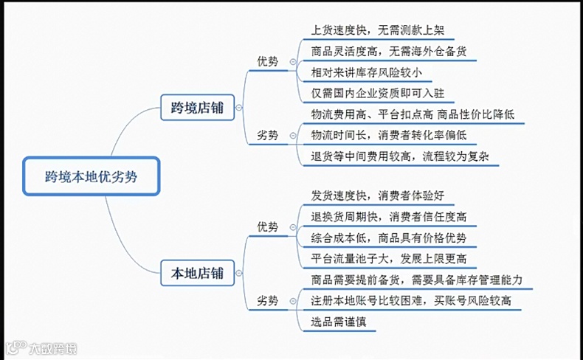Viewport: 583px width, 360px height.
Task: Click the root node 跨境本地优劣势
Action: (x=91, y=176)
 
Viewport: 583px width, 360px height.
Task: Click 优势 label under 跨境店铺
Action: (x=268, y=62)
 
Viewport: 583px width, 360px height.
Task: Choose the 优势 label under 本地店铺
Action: (x=268, y=226)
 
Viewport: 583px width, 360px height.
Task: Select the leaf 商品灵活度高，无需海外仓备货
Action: (x=388, y=52)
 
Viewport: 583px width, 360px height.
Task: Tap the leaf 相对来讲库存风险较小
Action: (x=367, y=73)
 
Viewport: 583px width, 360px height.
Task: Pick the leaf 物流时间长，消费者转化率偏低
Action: (x=389, y=135)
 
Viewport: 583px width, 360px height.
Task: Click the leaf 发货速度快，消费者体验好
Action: (x=378, y=195)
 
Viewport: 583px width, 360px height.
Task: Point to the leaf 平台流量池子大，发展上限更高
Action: (x=389, y=258)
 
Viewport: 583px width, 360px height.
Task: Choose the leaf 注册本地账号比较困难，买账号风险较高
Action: (x=411, y=300)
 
